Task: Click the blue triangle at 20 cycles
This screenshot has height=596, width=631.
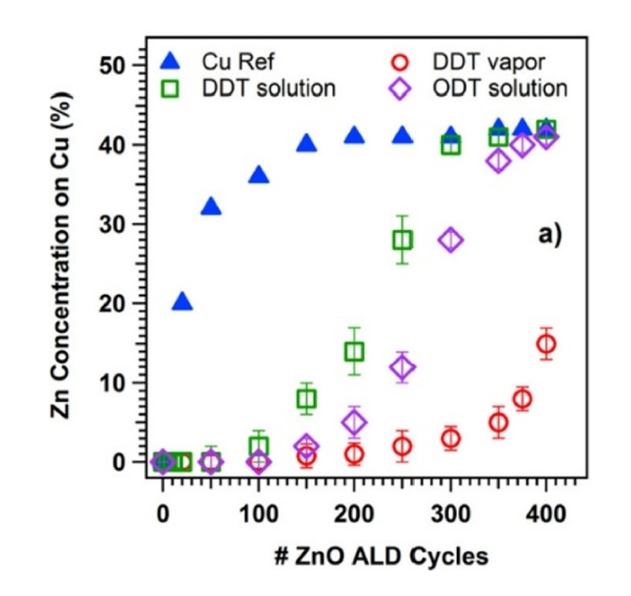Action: (x=182, y=302)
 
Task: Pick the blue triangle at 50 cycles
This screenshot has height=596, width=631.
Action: (x=211, y=207)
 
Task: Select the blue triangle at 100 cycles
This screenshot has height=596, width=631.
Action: (x=258, y=175)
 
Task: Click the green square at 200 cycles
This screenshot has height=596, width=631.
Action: (x=354, y=351)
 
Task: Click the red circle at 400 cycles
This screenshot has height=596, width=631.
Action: (x=546, y=344)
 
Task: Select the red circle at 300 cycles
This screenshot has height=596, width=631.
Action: (x=451, y=438)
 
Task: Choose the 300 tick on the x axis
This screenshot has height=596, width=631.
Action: (x=450, y=513)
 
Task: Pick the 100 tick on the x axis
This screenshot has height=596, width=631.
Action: (x=258, y=513)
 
